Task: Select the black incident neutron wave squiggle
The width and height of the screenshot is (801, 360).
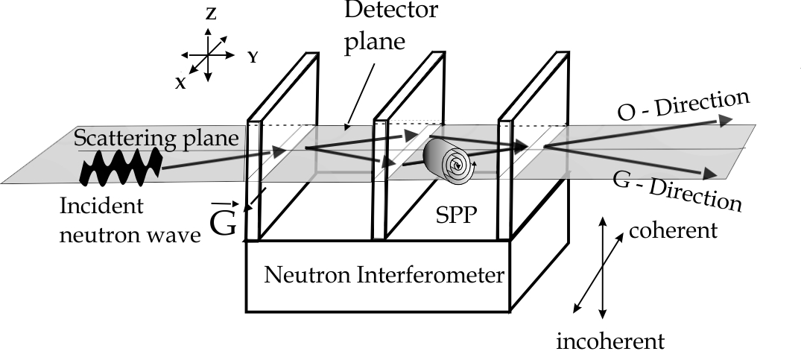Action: (x=120, y=165)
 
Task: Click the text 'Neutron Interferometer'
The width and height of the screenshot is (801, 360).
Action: (x=384, y=275)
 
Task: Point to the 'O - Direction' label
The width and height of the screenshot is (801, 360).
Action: (x=683, y=106)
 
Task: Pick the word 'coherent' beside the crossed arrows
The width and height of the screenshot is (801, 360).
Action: (x=673, y=230)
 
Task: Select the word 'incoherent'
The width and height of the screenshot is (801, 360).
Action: (x=610, y=341)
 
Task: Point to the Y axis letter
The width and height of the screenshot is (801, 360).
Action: (x=253, y=57)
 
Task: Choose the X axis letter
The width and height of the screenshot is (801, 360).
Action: (x=181, y=83)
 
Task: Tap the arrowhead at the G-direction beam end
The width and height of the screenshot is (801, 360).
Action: (x=714, y=174)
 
